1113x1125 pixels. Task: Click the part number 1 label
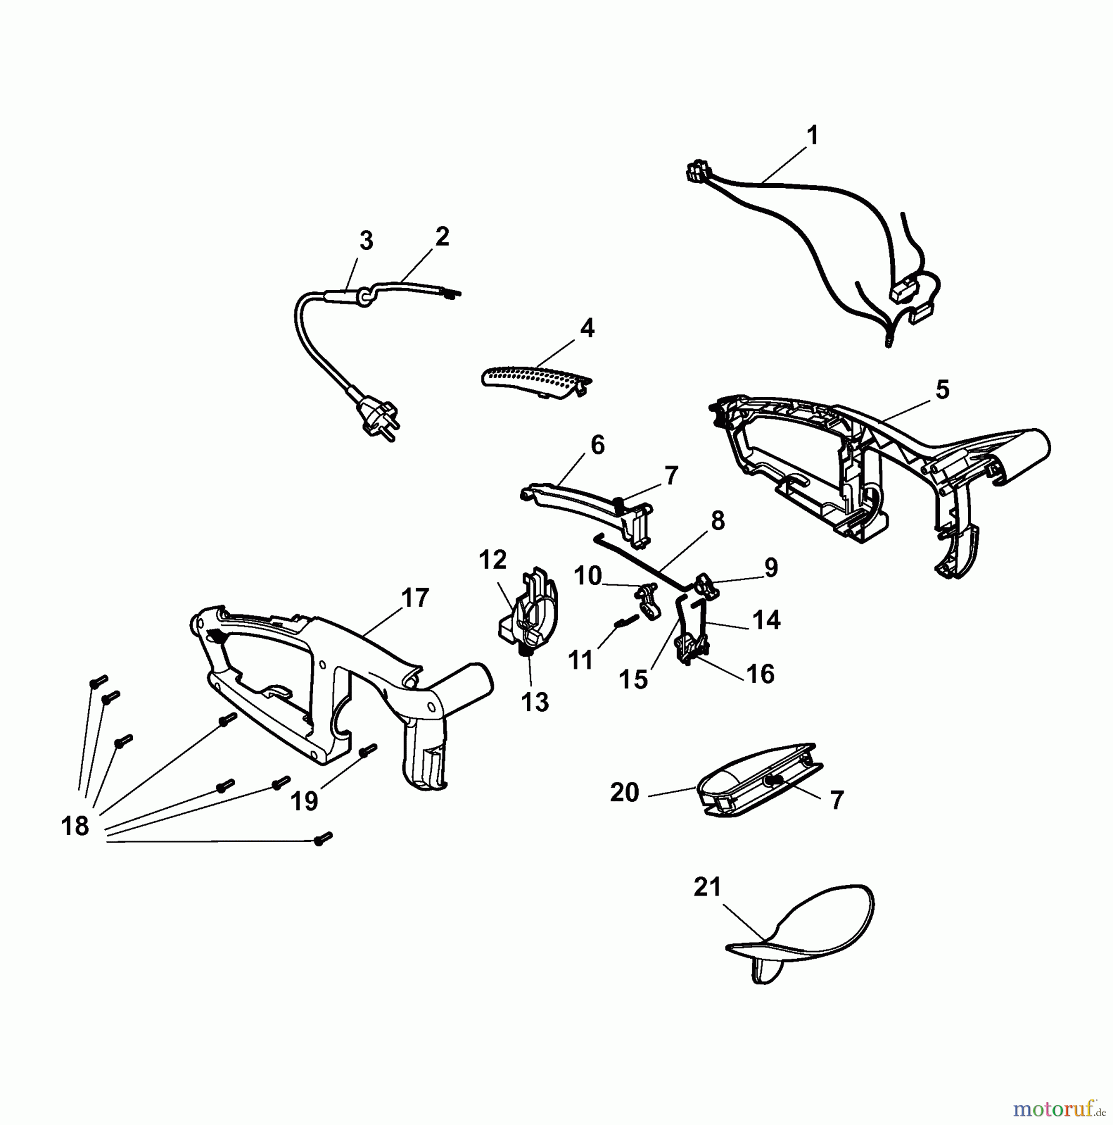[x=812, y=136]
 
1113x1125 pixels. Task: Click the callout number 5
[x=942, y=390]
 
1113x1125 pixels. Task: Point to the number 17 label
[x=415, y=598]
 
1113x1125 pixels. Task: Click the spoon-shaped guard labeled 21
[x=800, y=934]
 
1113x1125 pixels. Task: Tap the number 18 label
[x=75, y=826]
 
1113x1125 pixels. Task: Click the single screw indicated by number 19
[x=369, y=751]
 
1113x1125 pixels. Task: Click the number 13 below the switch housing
[x=535, y=702]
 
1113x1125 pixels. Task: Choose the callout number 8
[x=717, y=521]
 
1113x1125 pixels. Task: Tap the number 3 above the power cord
[x=366, y=241]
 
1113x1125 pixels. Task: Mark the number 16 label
[x=761, y=674]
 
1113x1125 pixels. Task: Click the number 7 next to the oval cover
[x=837, y=799]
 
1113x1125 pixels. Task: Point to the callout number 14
[x=767, y=620]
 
